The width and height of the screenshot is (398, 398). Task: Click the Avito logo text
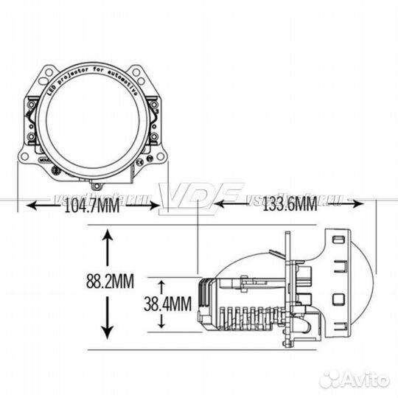[x=363, y=379]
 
